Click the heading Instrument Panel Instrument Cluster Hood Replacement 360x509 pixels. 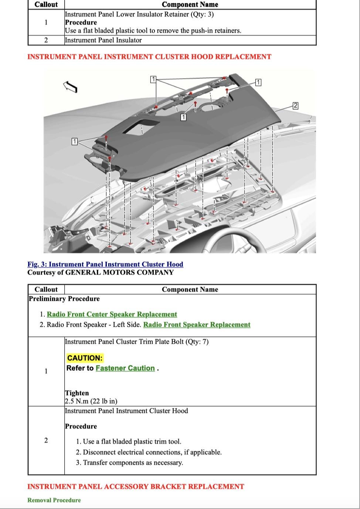coord(149,57)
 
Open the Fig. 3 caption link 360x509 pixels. coord(105,264)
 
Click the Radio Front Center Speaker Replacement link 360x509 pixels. coord(112,314)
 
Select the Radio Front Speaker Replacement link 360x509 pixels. coord(197,325)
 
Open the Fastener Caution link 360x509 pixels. coord(125,368)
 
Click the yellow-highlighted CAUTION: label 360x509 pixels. coord(85,358)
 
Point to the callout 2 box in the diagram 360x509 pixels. coord(295,106)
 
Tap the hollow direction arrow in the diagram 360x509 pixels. coord(70,87)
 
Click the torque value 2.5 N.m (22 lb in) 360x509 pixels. coord(91,401)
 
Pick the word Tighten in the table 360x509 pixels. coord(77,393)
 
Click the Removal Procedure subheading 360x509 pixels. coord(54,500)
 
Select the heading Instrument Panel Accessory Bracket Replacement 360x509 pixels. coord(136,486)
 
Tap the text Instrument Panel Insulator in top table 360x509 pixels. coord(103,40)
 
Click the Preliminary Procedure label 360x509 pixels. coord(64,299)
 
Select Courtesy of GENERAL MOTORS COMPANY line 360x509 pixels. coord(100,273)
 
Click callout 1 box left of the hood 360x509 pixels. coord(74,141)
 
